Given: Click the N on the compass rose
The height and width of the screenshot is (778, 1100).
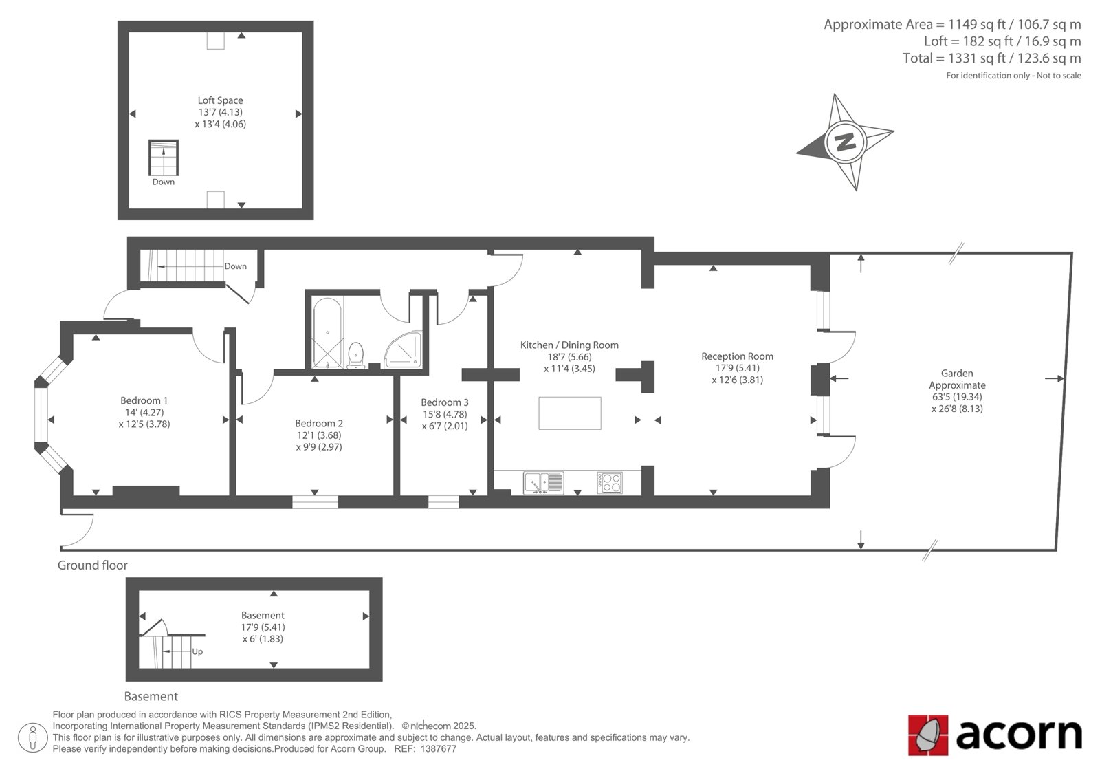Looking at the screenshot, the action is (x=845, y=142).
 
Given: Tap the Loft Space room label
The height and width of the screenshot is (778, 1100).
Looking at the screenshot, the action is (x=220, y=100).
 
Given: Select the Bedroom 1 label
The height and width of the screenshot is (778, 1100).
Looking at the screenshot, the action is (x=144, y=400).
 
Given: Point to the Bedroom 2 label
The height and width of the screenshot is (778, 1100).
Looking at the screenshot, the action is (x=319, y=423).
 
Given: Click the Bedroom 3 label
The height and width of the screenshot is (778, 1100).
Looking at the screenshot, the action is (x=444, y=402).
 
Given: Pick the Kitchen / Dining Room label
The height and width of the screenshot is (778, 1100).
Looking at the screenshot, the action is (x=569, y=345).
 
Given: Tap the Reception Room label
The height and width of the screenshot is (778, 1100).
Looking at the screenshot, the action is (x=737, y=356).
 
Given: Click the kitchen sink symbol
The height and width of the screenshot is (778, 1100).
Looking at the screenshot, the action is (x=543, y=483).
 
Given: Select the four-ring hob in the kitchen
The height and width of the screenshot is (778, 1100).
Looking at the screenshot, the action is (x=610, y=482).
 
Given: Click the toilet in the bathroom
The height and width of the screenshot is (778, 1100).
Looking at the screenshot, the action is (x=355, y=355).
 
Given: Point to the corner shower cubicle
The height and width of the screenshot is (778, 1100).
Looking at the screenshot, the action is (x=403, y=349).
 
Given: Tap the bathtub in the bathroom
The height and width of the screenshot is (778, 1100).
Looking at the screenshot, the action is (x=327, y=333).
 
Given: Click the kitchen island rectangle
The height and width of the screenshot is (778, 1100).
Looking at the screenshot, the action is (x=570, y=413).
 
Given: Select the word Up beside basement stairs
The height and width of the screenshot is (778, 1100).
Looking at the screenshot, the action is (x=197, y=651).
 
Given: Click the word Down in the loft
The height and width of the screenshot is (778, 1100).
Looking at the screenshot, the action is (x=164, y=182).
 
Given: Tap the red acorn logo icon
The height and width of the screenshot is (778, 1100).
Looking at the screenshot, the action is (x=927, y=735).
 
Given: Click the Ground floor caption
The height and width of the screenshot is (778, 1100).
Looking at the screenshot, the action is (x=92, y=565).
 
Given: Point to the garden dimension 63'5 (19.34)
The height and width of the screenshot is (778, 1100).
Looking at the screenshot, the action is (x=957, y=397).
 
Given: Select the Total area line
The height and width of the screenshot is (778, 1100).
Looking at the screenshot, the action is (x=991, y=58).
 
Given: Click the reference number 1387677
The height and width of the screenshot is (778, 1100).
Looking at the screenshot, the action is (x=439, y=749).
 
